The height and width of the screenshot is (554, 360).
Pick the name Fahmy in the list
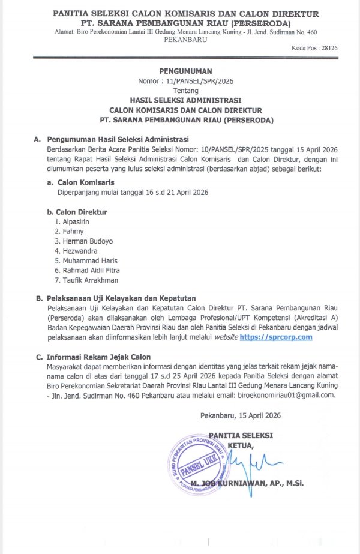pos(73,231)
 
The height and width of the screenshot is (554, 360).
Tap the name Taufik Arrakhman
pos(86,280)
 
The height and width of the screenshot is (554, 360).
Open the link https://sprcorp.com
pos(276,338)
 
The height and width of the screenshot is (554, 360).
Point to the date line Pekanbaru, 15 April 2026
pos(239,415)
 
